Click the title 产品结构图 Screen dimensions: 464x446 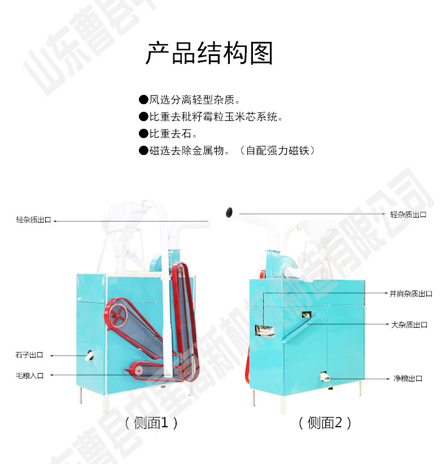(209, 53)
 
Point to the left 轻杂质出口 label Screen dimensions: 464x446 (34, 220)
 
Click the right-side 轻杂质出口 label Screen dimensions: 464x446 (408, 215)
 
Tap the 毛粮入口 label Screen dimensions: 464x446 (30, 375)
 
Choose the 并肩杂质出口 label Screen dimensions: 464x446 (411, 294)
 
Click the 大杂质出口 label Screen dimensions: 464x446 (409, 325)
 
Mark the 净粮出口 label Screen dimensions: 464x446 (408, 379)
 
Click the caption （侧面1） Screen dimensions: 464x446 (151, 423)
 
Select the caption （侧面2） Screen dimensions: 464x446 (325, 423)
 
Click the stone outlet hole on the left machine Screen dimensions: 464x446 (89, 355)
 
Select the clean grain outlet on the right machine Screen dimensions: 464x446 (324, 375)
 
